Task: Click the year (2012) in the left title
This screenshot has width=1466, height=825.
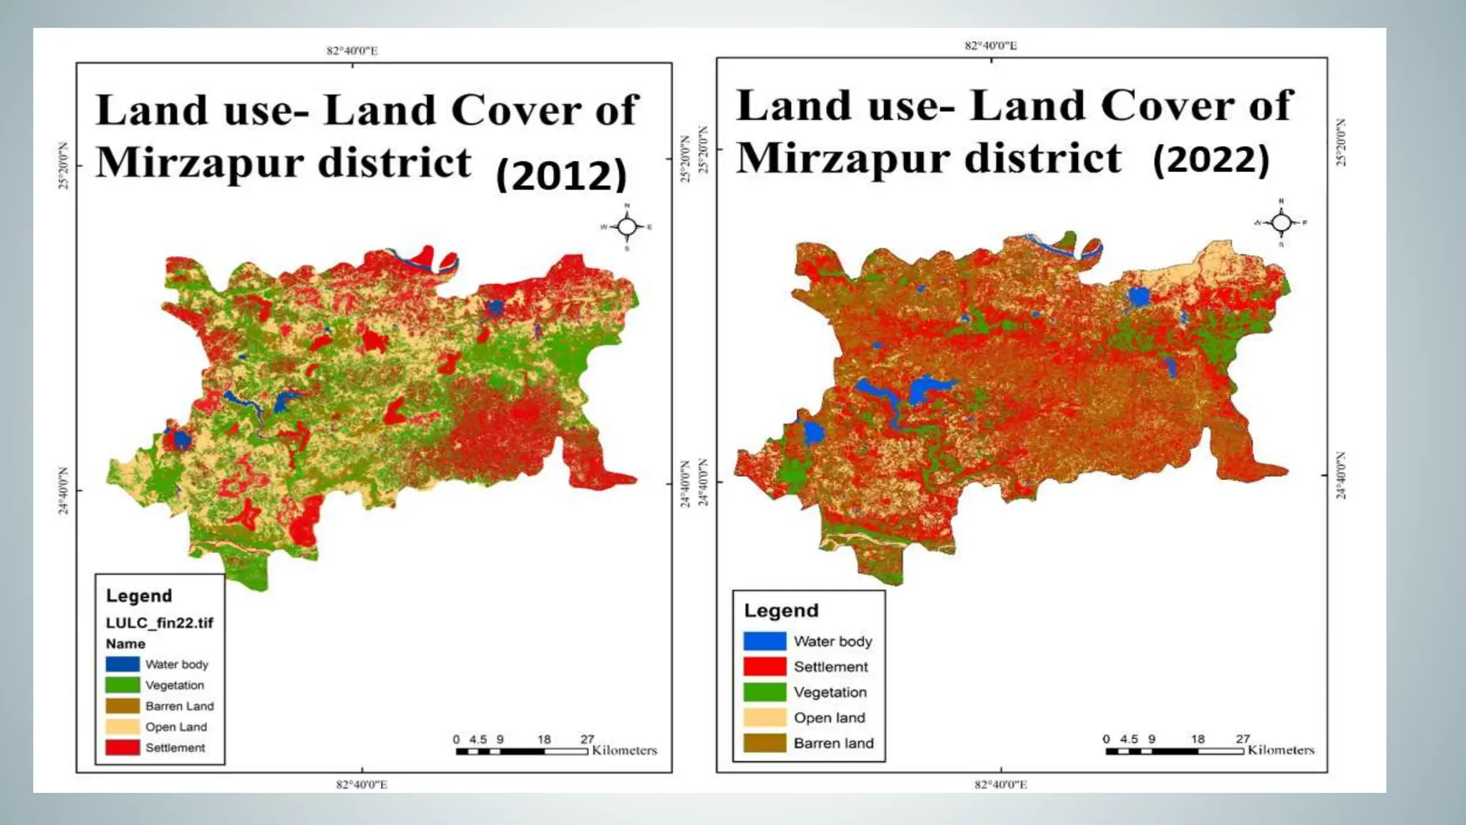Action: (x=561, y=175)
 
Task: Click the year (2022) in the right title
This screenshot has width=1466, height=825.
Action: (x=1211, y=159)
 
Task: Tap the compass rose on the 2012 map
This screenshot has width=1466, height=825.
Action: (x=627, y=227)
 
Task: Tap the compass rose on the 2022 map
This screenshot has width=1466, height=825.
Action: (x=1281, y=223)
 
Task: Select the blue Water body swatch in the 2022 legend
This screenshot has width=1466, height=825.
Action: (x=764, y=641)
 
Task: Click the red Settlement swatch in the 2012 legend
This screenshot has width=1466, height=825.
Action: (x=122, y=748)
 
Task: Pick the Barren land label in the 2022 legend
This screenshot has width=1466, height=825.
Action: (x=833, y=743)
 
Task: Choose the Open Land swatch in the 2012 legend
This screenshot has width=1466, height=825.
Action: (x=122, y=727)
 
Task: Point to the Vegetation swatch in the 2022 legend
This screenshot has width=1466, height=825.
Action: (x=764, y=693)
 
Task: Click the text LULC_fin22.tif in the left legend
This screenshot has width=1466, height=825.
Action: (x=159, y=623)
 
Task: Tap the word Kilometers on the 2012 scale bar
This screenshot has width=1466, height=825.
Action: (x=624, y=751)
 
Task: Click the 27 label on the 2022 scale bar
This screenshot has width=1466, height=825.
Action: (x=1243, y=738)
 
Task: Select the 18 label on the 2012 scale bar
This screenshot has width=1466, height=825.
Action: (x=544, y=739)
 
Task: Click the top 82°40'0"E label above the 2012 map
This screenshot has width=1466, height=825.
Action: (x=352, y=51)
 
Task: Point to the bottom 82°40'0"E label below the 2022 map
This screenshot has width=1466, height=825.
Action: (x=1001, y=785)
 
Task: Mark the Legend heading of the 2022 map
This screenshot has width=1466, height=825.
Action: (x=781, y=611)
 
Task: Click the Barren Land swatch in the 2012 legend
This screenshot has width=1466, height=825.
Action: (x=122, y=706)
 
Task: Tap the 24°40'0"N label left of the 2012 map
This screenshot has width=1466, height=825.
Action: (x=63, y=491)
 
